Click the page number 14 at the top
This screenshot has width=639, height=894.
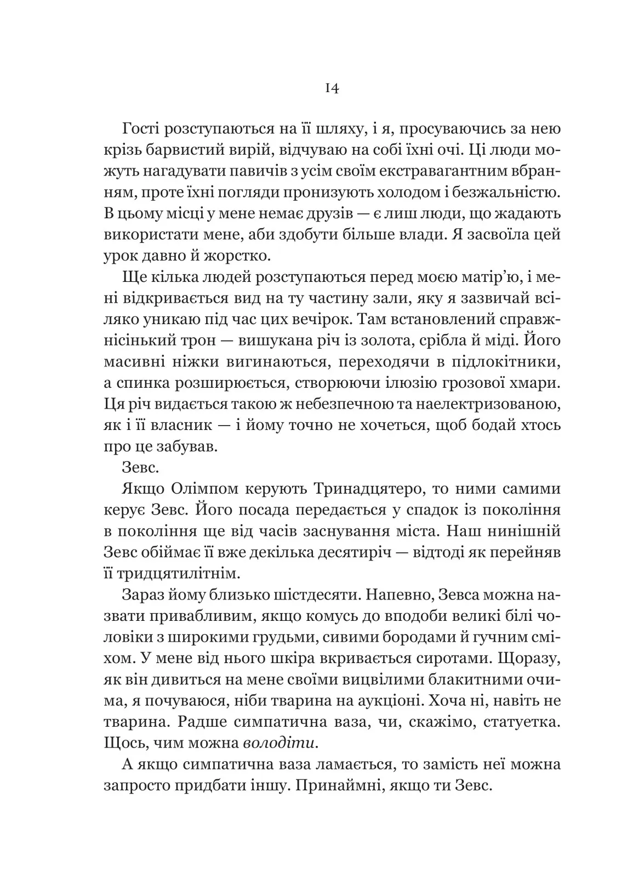(x=332, y=89)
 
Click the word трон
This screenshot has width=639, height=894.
(x=202, y=340)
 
